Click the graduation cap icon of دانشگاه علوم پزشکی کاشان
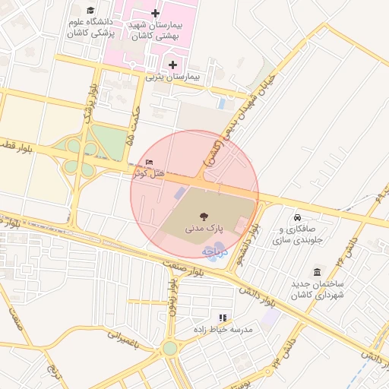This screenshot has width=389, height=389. click(92, 11)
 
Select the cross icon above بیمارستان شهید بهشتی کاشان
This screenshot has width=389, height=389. click(156, 13)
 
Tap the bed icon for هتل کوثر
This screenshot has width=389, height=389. click(149, 163)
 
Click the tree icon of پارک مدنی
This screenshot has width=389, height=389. click(203, 217)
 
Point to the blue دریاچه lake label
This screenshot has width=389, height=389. click(213, 251)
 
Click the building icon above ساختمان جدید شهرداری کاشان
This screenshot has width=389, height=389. click(317, 272)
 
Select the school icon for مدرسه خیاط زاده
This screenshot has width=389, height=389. click(223, 318)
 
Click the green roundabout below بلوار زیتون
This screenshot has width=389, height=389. click(170, 348)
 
